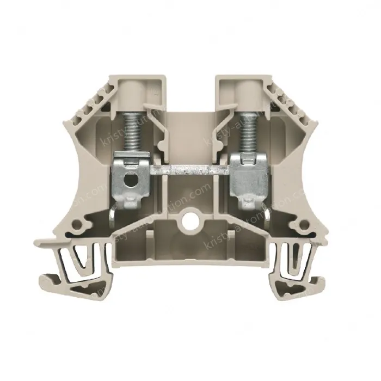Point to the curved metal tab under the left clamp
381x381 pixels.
(112, 216)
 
